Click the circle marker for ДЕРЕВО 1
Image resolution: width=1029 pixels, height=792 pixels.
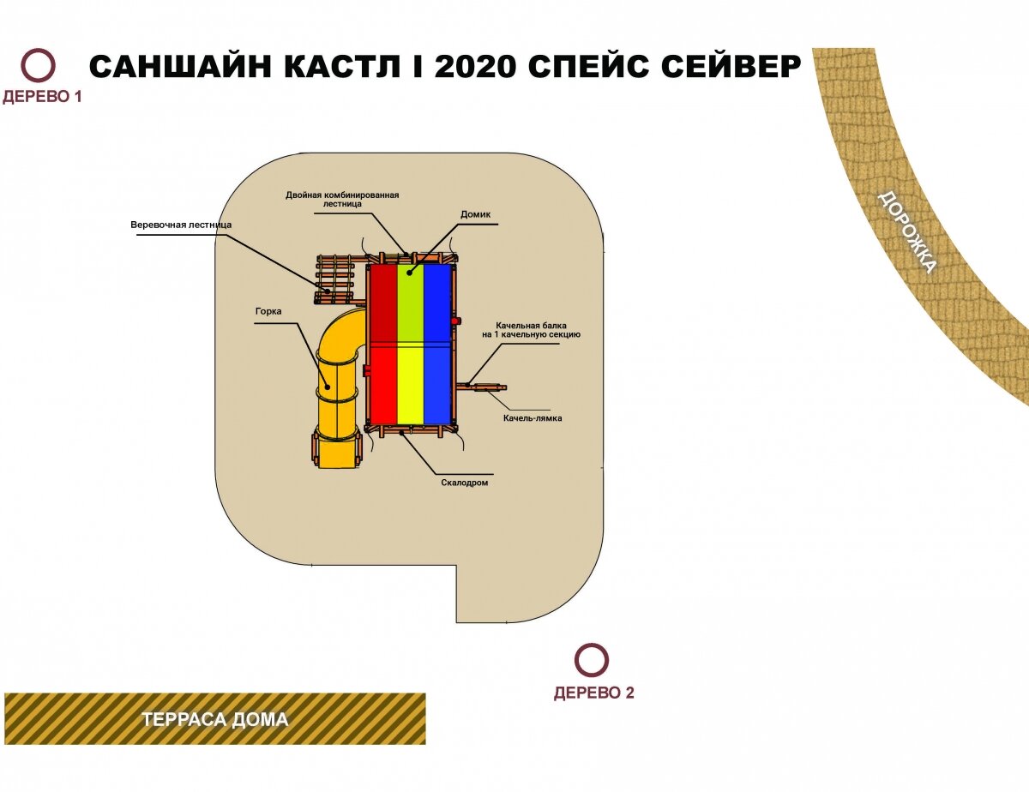[x=39, y=66]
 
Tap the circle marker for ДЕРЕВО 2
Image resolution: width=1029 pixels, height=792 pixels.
[x=591, y=660]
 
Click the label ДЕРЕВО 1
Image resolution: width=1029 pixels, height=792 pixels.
[x=42, y=97]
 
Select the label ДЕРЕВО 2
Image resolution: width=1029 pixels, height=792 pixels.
[x=593, y=693]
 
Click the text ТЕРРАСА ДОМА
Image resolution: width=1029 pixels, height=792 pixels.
[x=215, y=719]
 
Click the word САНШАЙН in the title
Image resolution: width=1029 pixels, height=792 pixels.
[x=181, y=67]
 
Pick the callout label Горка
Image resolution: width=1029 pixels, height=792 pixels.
[x=268, y=311]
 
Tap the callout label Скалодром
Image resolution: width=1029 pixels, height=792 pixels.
[x=464, y=483]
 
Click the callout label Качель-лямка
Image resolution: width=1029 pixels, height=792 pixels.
[x=533, y=418]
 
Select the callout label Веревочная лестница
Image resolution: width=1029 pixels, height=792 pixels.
[x=181, y=225]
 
